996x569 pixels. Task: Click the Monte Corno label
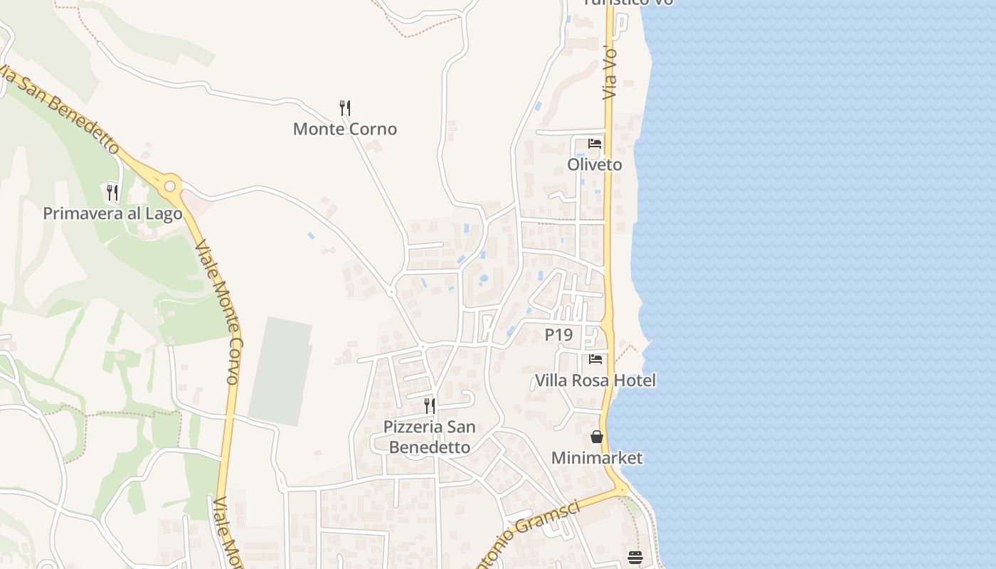coord(345,129)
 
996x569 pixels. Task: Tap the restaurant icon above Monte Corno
coord(345,108)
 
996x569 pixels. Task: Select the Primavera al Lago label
coord(112,213)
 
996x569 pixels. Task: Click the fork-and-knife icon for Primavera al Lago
coord(112,192)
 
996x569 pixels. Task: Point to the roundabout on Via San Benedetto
coord(169,186)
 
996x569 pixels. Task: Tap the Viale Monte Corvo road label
coord(226,313)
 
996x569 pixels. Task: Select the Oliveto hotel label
coord(595,164)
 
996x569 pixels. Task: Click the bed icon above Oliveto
coord(595,144)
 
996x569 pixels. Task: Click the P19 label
coord(558,334)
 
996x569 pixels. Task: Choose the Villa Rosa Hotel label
coord(595,381)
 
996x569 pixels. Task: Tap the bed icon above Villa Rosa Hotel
coord(595,359)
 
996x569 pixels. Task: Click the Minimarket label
coord(597,457)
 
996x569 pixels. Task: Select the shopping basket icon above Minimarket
coord(597,437)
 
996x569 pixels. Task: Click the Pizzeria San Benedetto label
coord(429,437)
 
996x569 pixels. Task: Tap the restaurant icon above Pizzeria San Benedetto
coord(430,406)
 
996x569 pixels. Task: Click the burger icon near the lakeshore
coord(635,558)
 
